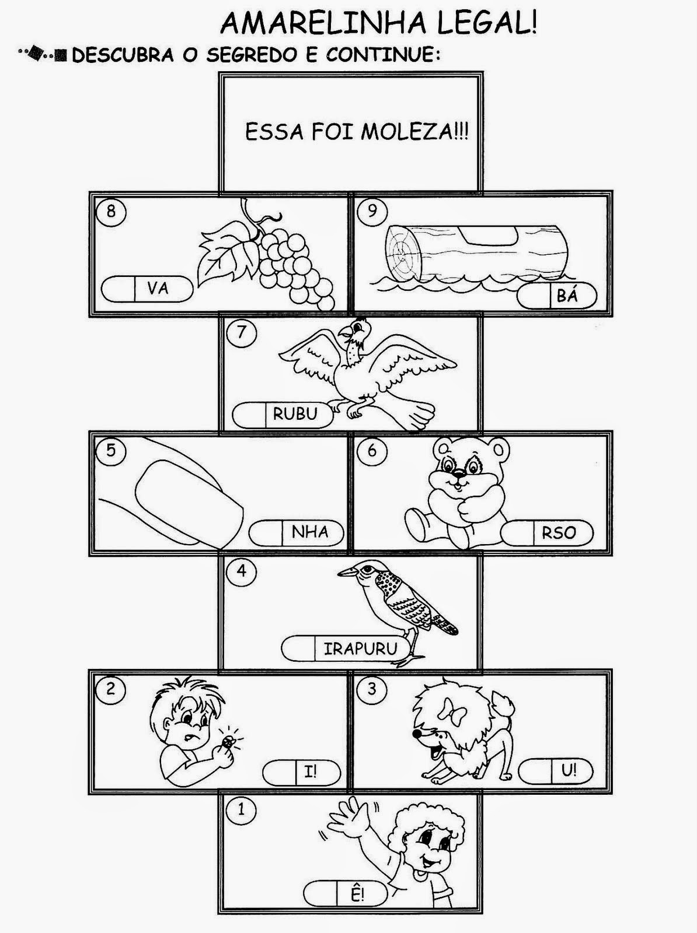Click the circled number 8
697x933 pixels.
(111, 211)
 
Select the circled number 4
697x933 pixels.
(242, 571)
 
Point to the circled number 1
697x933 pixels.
(241, 810)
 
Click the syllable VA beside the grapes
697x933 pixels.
(158, 289)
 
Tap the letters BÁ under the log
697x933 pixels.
(567, 295)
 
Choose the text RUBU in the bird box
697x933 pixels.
(295, 413)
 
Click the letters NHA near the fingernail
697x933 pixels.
(310, 532)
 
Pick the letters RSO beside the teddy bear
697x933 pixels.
(558, 532)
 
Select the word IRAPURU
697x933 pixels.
(360, 649)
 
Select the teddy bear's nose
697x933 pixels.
(458, 473)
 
